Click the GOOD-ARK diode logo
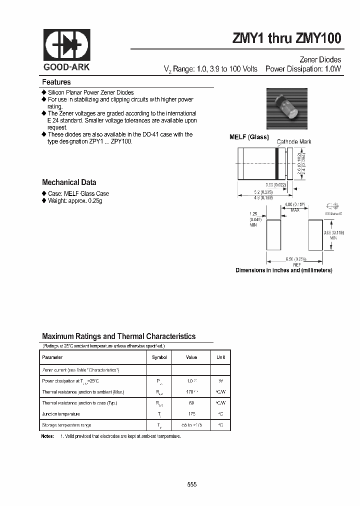coord(66,45)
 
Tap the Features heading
coord(56,82)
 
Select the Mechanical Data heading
coord(69,182)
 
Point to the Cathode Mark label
coord(294,142)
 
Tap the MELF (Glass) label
coord(249,137)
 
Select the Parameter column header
coord(52,357)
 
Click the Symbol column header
coord(159,357)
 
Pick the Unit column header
coord(220,357)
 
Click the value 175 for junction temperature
coord(191,414)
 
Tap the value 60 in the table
coord(191,403)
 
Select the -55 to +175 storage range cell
coord(191,425)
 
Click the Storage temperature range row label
coord(67,425)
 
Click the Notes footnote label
coord(48,436)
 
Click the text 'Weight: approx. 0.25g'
coord(75,200)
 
